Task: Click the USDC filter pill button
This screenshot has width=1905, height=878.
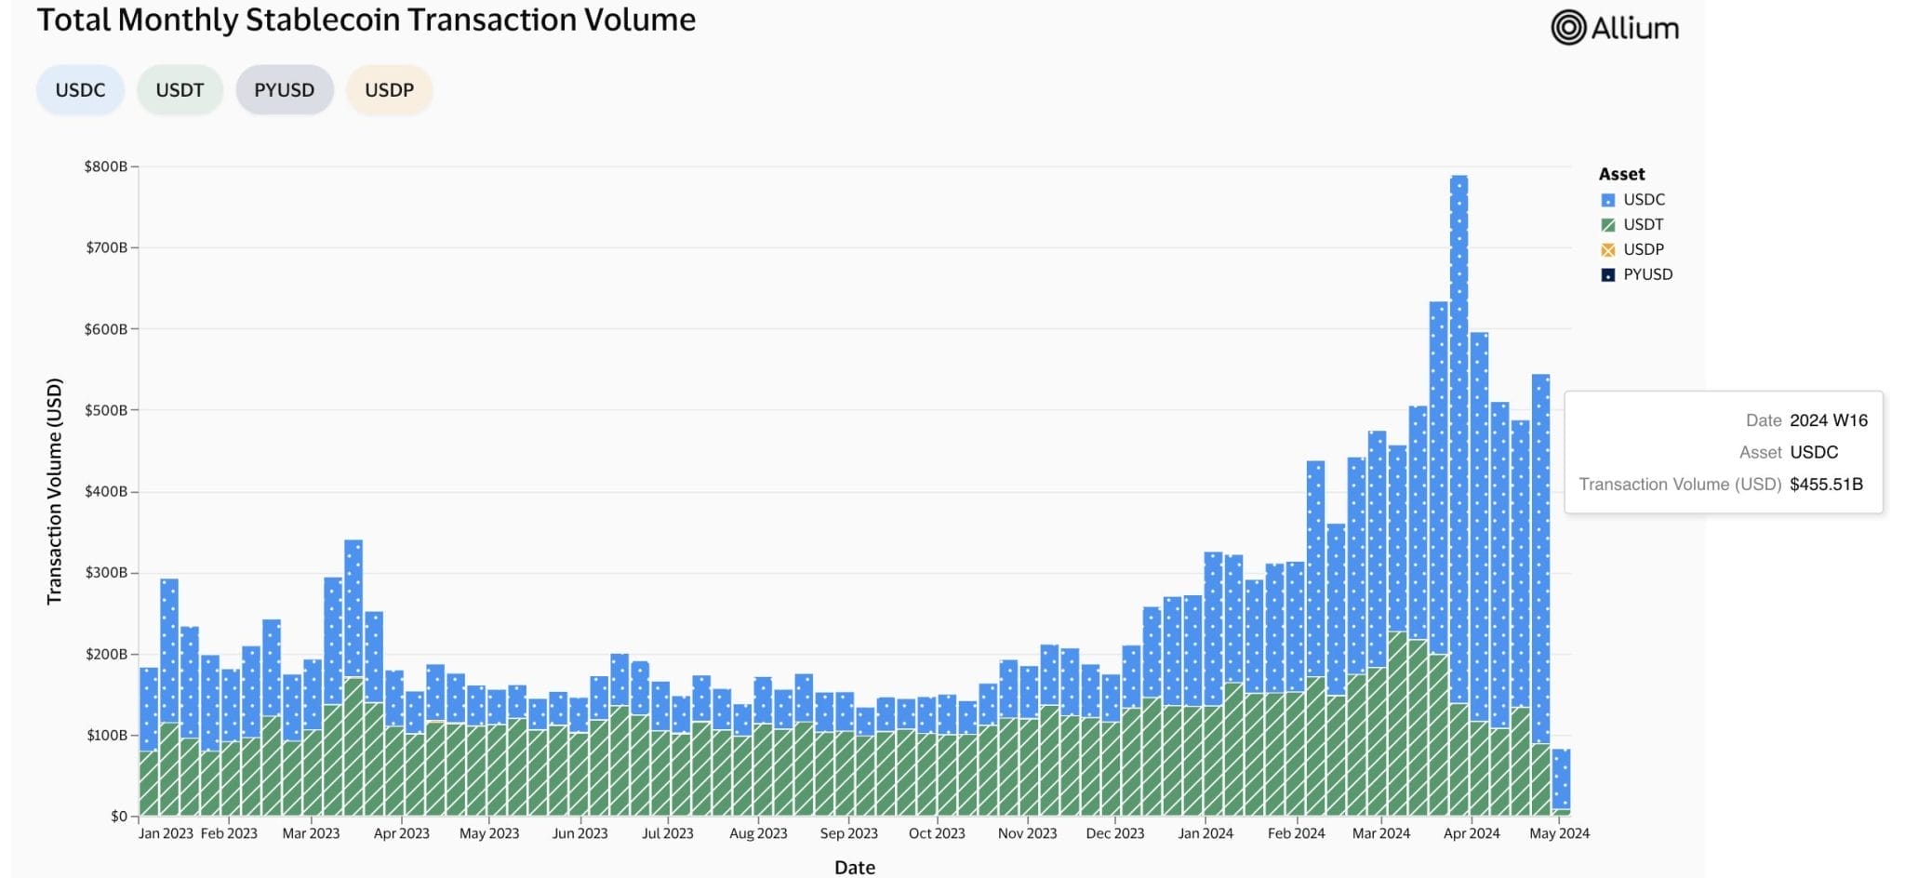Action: tap(80, 90)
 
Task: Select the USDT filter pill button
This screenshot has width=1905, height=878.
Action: tap(180, 90)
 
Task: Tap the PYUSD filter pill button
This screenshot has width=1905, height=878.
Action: tap(284, 90)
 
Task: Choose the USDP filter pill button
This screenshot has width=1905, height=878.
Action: tap(389, 90)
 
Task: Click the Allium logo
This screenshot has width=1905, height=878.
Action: tap(1615, 28)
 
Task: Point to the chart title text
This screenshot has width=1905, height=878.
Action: tap(366, 20)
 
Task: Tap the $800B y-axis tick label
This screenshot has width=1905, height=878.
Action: tap(105, 166)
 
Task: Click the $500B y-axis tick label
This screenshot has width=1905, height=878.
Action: tap(105, 410)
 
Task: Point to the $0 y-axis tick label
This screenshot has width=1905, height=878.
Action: tap(118, 816)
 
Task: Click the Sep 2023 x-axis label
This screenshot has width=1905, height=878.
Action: tap(848, 833)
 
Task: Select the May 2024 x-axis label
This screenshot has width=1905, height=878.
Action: tap(1559, 833)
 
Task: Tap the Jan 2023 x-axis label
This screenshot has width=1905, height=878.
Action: tap(166, 833)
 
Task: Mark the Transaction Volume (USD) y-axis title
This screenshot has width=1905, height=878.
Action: tap(54, 491)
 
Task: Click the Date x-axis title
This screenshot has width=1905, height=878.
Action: tap(854, 867)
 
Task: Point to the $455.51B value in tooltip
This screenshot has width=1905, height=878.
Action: tap(1826, 484)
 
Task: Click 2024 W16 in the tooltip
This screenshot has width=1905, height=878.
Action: tap(1828, 420)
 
